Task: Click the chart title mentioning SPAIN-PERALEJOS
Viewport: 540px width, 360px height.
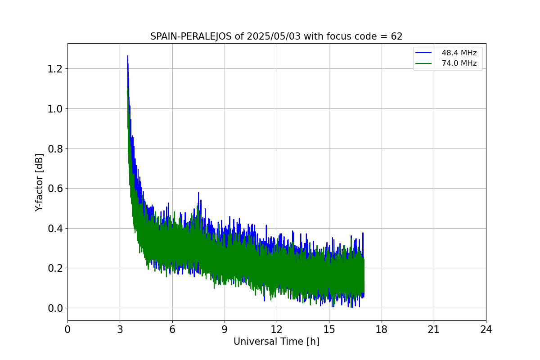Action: point(276,36)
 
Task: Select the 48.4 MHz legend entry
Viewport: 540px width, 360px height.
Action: point(459,53)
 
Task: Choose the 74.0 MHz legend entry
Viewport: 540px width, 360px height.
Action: point(459,63)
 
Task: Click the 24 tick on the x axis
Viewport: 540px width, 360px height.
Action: point(486,329)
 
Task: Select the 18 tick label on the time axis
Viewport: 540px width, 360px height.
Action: point(382,329)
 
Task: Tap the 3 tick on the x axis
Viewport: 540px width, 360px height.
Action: point(120,329)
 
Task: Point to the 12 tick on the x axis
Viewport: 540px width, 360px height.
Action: point(277,329)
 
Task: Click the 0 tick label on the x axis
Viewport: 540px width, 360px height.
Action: point(68,329)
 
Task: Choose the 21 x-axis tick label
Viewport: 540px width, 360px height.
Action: point(434,329)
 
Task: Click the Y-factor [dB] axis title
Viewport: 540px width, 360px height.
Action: point(40,182)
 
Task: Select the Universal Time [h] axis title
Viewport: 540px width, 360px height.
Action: point(276,342)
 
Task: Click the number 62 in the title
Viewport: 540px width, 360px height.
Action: point(396,36)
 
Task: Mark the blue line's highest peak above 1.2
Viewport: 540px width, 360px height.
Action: point(127,56)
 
